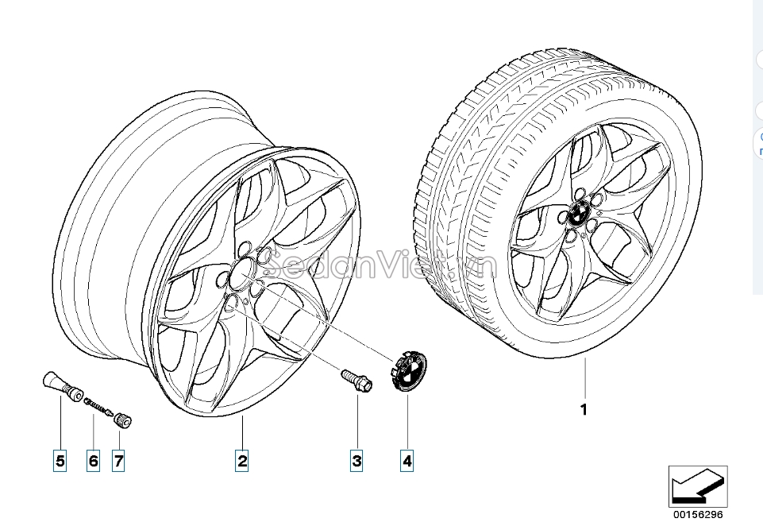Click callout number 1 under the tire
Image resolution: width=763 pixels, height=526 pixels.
click(584, 410)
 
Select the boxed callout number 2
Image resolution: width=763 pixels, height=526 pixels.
click(241, 459)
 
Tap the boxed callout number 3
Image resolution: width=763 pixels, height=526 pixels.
click(357, 459)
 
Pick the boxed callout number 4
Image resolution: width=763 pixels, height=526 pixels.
click(407, 459)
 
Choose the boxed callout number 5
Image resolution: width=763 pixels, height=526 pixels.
click(60, 459)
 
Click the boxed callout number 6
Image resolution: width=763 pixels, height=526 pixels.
click(93, 459)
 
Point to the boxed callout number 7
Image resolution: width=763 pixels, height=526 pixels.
click(118, 459)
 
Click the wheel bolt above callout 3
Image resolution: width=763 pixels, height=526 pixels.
click(356, 379)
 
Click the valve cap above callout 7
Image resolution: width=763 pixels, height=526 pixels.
click(123, 420)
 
